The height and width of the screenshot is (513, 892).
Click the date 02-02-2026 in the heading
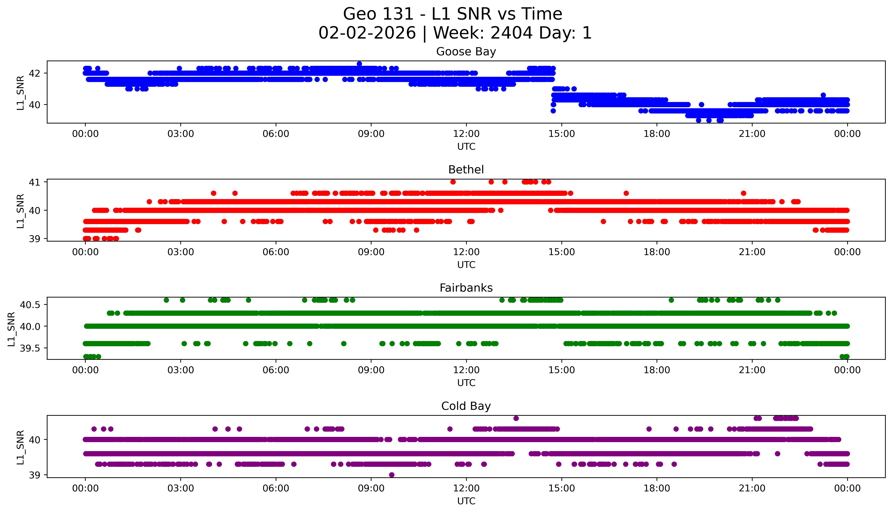(x=367, y=33)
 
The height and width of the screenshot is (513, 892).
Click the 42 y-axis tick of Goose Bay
(x=35, y=73)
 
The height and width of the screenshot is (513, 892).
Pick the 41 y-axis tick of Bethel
(x=35, y=182)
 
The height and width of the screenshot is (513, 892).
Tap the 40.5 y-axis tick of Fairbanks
(x=31, y=304)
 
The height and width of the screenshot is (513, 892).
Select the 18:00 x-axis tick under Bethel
(x=657, y=252)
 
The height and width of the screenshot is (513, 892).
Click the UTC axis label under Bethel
(x=466, y=265)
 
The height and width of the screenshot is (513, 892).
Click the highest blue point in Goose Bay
(x=359, y=64)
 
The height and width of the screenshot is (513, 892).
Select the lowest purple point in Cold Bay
(x=391, y=475)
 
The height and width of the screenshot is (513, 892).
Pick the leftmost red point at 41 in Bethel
(x=453, y=182)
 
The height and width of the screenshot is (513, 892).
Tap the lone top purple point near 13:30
(x=516, y=418)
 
